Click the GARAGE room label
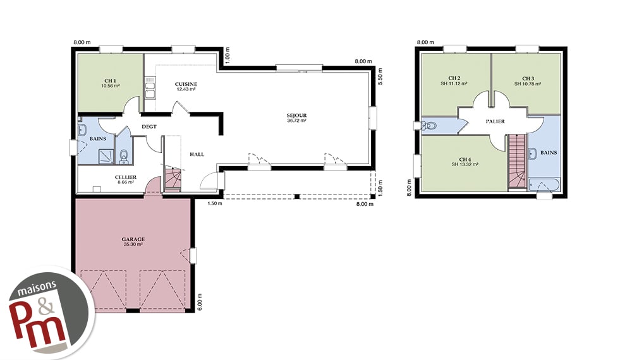click(133, 239)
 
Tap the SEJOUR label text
click(296, 116)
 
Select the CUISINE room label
click(186, 84)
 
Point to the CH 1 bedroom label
click(110, 81)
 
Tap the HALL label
click(197, 154)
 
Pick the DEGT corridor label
click(149, 127)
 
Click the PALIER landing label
click(495, 121)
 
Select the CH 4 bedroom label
click(465, 159)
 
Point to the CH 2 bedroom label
click(454, 78)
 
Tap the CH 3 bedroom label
click(528, 78)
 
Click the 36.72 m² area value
click(296, 121)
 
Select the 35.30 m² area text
click(133, 244)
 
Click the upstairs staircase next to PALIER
click(516, 161)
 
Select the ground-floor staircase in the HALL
click(173, 179)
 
